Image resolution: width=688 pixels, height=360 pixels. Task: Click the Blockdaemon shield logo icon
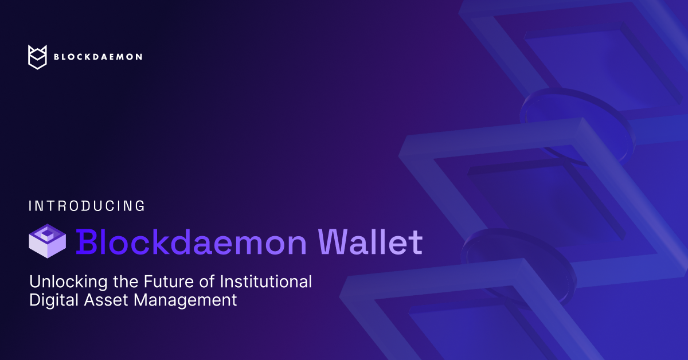point(37,57)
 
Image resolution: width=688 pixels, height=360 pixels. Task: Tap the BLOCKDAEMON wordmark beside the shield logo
point(97,57)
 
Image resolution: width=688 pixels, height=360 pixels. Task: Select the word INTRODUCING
point(87,206)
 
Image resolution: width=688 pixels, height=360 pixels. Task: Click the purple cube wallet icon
point(48,240)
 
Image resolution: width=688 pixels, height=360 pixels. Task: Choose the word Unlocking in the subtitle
point(63,282)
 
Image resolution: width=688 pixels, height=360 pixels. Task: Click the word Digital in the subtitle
point(50,300)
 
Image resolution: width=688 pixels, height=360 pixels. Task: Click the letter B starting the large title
point(85,241)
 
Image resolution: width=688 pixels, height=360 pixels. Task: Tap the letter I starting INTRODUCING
point(30,206)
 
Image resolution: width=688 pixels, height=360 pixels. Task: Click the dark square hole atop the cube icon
point(48,234)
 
